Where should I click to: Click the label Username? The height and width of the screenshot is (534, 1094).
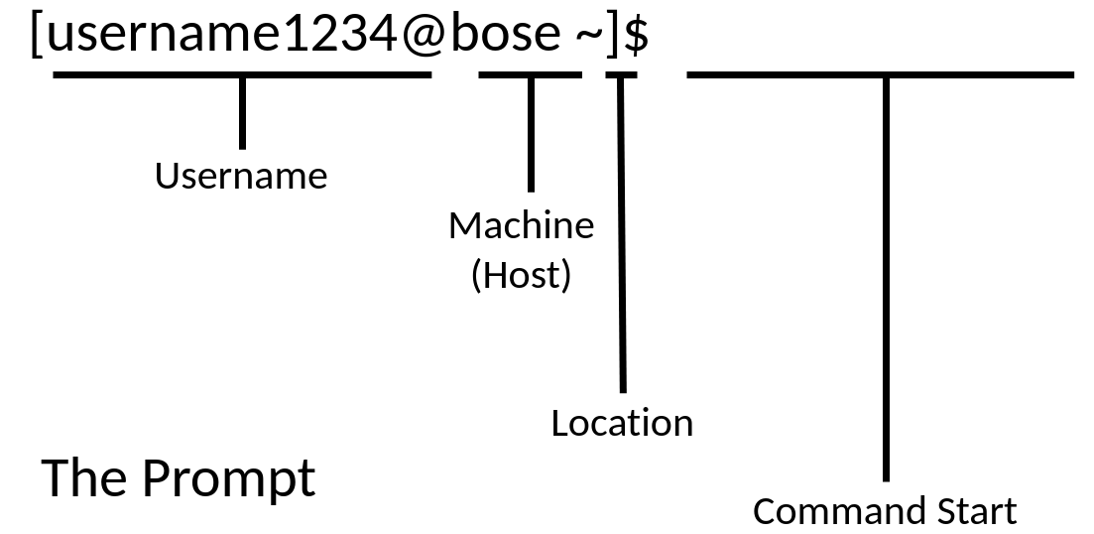point(241,176)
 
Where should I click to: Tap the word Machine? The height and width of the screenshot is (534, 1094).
point(521,226)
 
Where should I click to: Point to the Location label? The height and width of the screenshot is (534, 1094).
point(622,423)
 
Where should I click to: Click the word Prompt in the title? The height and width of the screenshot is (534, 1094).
point(228,477)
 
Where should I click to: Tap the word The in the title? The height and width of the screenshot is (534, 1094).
point(85,477)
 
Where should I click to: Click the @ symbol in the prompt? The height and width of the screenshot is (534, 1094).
point(423,35)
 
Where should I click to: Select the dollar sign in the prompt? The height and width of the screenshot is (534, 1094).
point(638,36)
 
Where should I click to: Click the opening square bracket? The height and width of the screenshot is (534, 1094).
point(37,36)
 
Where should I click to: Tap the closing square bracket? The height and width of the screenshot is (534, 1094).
point(614,36)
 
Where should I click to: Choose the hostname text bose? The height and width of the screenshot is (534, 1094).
point(506,35)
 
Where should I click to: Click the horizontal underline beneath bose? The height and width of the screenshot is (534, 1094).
point(530,74)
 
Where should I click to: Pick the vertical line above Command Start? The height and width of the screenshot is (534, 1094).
point(886,278)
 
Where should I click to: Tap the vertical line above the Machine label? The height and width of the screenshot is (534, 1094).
point(531,134)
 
